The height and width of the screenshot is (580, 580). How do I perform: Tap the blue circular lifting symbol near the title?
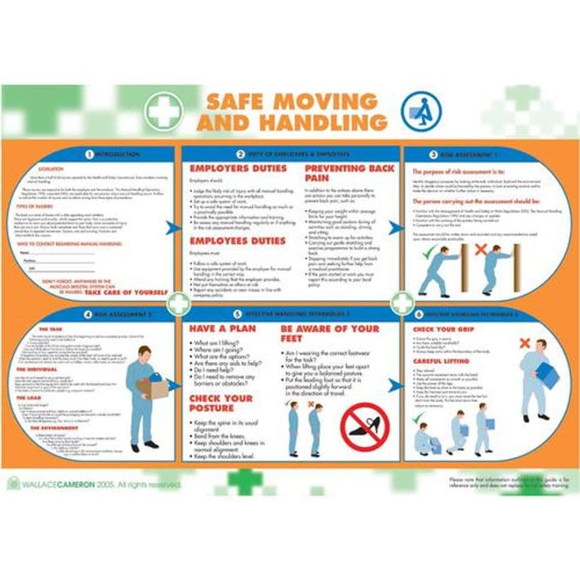[421, 111]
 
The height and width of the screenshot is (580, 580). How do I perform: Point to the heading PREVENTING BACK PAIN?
[349, 173]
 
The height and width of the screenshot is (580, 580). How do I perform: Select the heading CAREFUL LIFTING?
[442, 361]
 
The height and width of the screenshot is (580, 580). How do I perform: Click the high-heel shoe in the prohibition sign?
[364, 427]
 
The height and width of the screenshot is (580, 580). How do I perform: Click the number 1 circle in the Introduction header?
[89, 155]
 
